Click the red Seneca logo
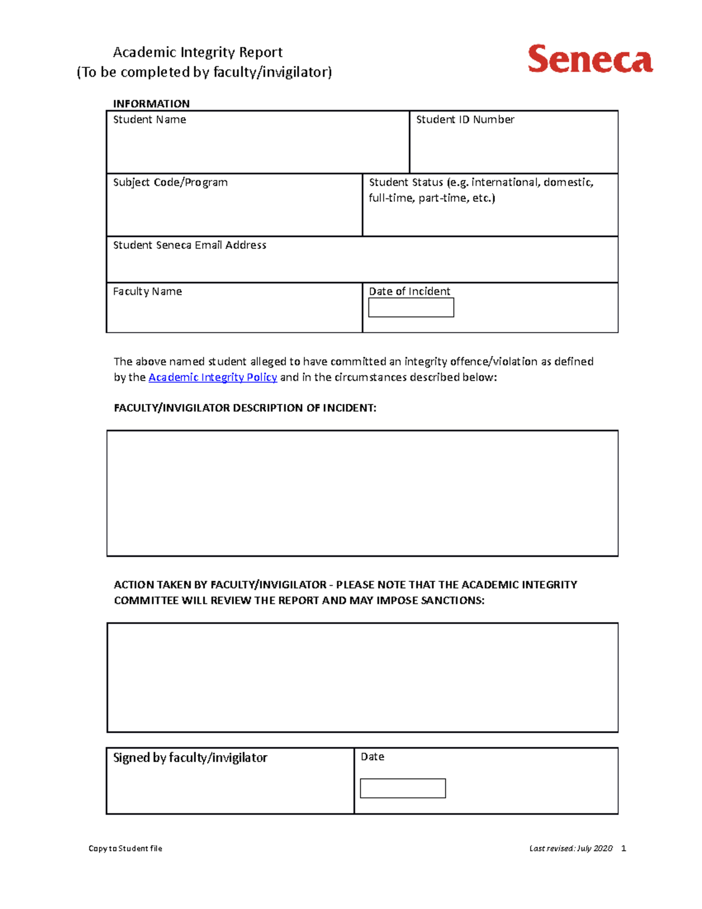tap(590, 59)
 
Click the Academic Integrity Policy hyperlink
tap(212, 378)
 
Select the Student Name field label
tap(149, 119)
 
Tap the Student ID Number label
tap(464, 119)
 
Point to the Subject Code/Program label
tap(170, 183)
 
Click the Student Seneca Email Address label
tap(190, 245)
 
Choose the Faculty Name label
tap(147, 291)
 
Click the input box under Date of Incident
tap(411, 308)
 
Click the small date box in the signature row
tap(402, 788)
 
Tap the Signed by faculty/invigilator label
tap(190, 758)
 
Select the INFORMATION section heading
tap(151, 104)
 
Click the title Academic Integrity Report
tap(198, 53)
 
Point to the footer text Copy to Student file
tap(125, 849)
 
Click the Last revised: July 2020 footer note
tap(570, 849)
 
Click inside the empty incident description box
tap(362, 493)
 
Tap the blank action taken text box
tap(362, 677)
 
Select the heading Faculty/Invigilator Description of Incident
tap(245, 408)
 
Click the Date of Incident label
tap(409, 291)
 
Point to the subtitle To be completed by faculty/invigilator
tap(204, 72)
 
